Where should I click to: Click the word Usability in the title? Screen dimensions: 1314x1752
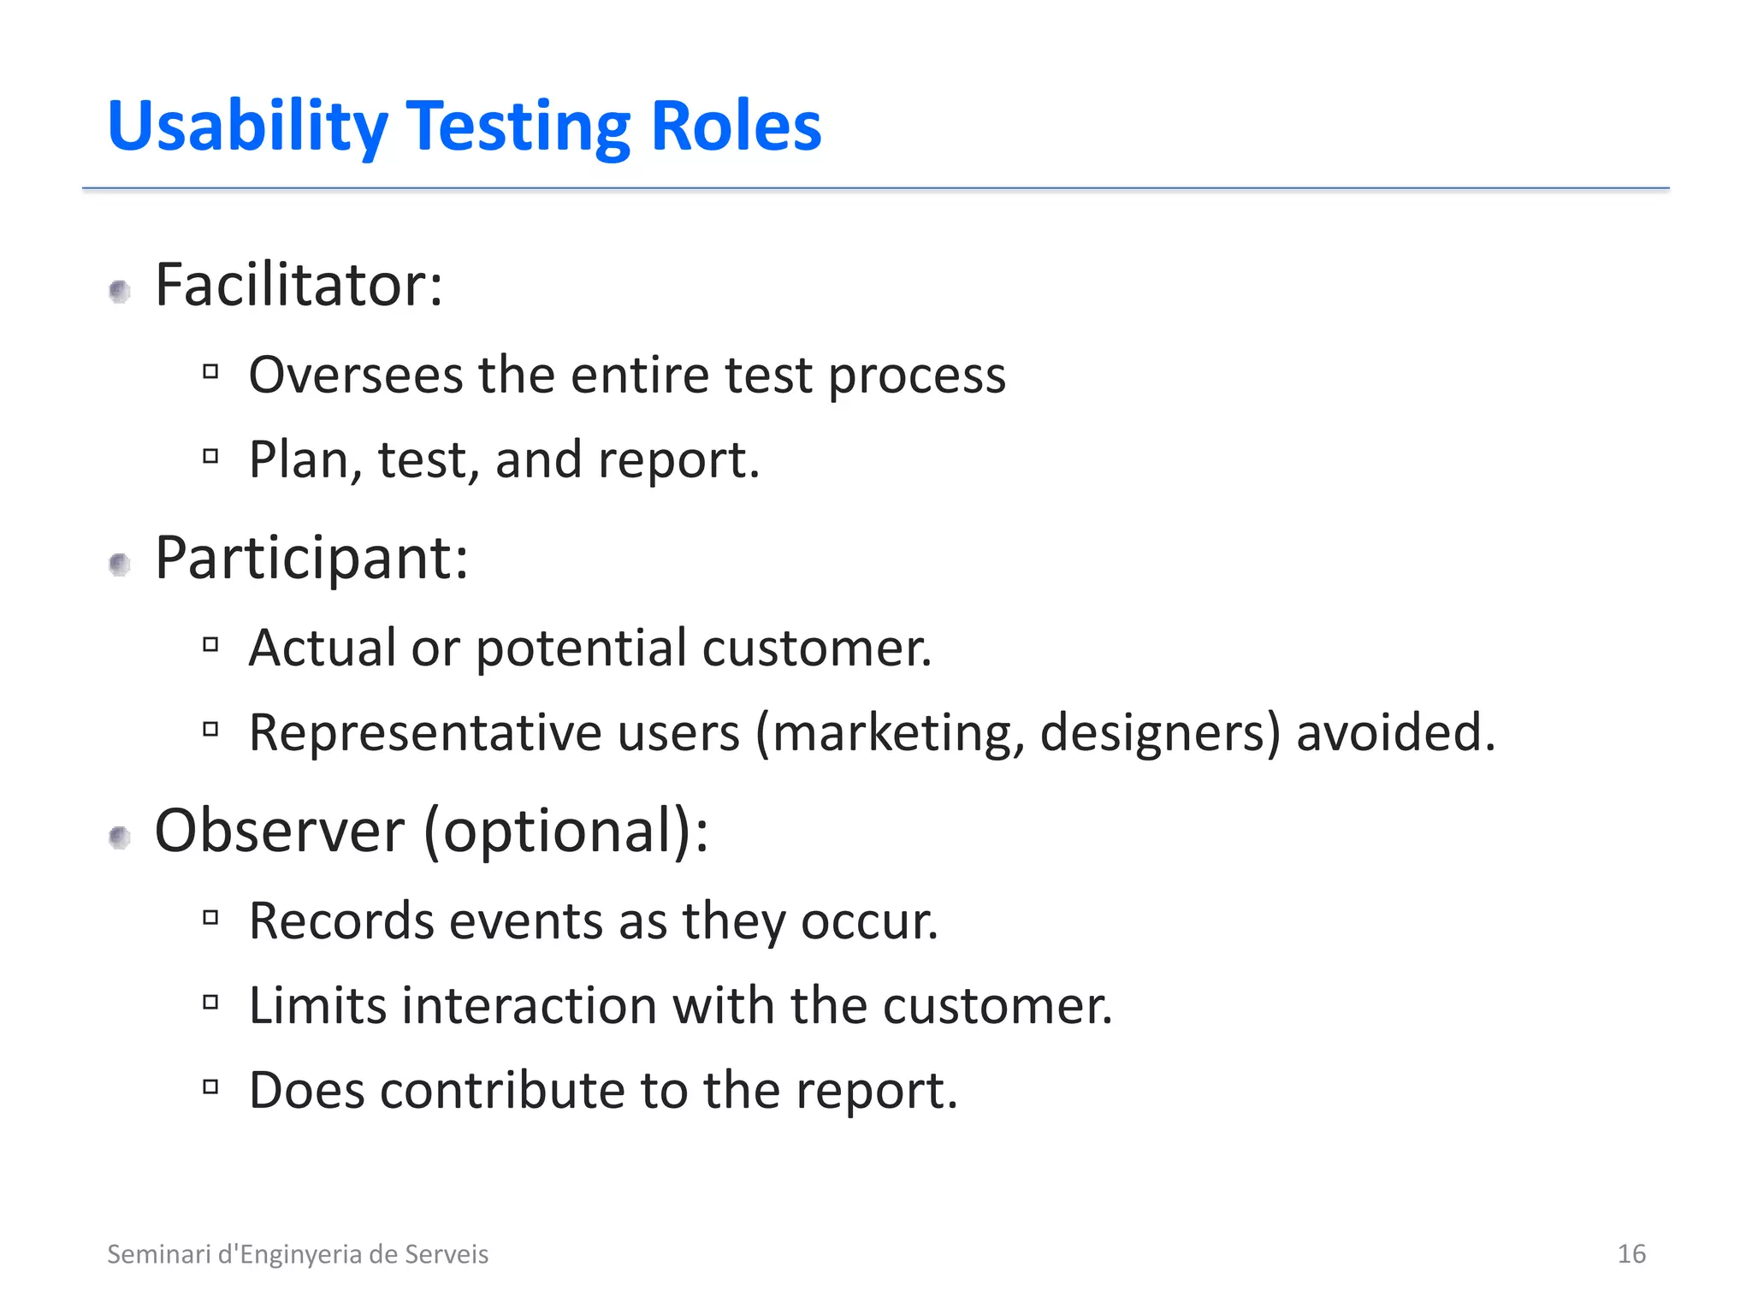[248, 127]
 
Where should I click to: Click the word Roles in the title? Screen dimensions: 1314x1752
[735, 127]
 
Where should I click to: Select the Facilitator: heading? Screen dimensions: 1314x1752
[299, 285]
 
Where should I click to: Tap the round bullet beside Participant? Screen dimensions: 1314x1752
[120, 565]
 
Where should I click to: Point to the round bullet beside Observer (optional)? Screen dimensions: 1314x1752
[120, 838]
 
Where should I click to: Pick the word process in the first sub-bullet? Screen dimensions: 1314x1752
[917, 376]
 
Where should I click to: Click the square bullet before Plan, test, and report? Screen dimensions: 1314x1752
[210, 456]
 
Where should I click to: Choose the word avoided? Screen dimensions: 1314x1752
[1395, 733]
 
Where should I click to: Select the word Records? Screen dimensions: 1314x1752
[341, 921]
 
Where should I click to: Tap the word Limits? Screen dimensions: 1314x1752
[317, 1005]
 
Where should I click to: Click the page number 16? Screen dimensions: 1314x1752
[1631, 1254]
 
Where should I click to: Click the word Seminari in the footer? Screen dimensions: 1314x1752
[158, 1254]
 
